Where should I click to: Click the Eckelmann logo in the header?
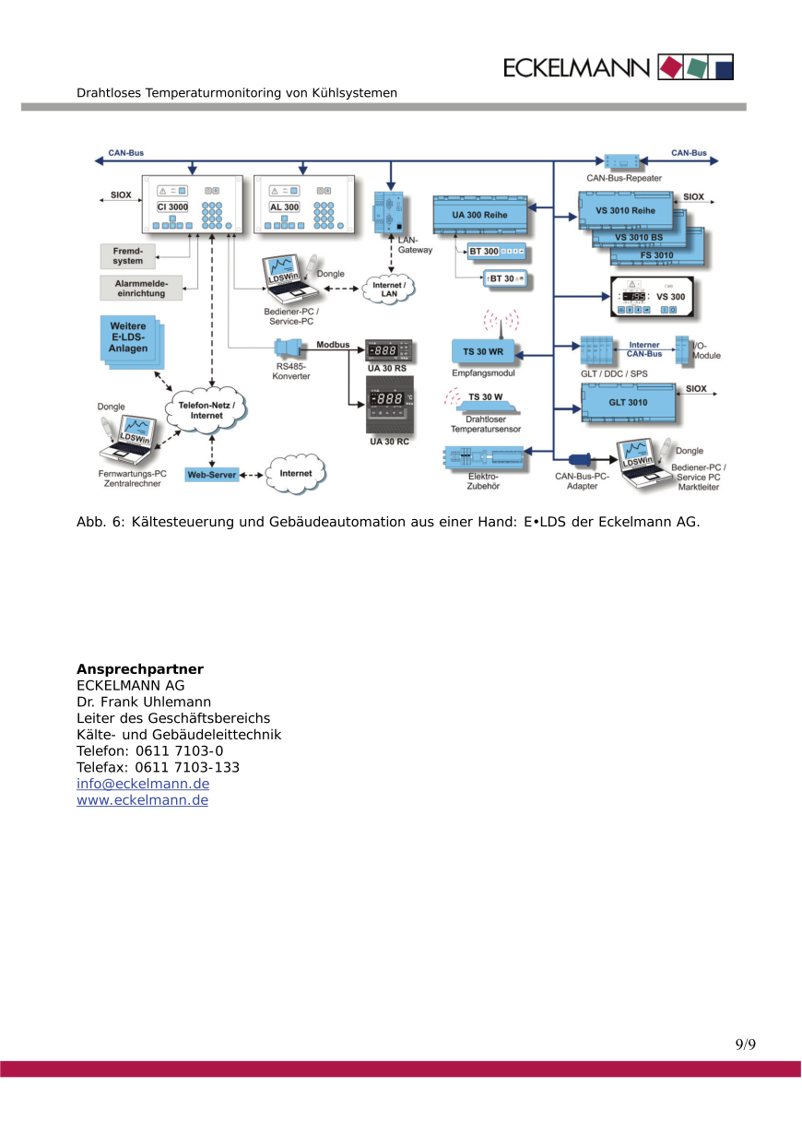619,67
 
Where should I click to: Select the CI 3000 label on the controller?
172,207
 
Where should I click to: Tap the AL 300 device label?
284,207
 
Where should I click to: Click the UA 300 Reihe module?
480,214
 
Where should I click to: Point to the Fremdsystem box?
128,255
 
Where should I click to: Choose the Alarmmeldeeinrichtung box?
141,288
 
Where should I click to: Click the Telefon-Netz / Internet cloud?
206,410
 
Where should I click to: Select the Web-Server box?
212,474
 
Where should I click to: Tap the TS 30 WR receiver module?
483,351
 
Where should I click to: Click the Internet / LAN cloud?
389,289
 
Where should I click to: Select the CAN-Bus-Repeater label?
624,178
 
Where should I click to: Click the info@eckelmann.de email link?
143,784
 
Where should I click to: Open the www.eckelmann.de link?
142,800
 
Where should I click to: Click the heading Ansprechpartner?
140,668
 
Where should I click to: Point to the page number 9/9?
745,1045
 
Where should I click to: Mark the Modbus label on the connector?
333,344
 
